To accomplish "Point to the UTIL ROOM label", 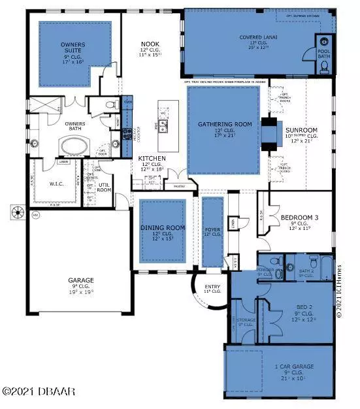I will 105,187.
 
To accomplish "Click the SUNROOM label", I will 301,131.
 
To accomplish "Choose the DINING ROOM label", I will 163,228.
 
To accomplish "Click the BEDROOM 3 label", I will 299,217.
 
